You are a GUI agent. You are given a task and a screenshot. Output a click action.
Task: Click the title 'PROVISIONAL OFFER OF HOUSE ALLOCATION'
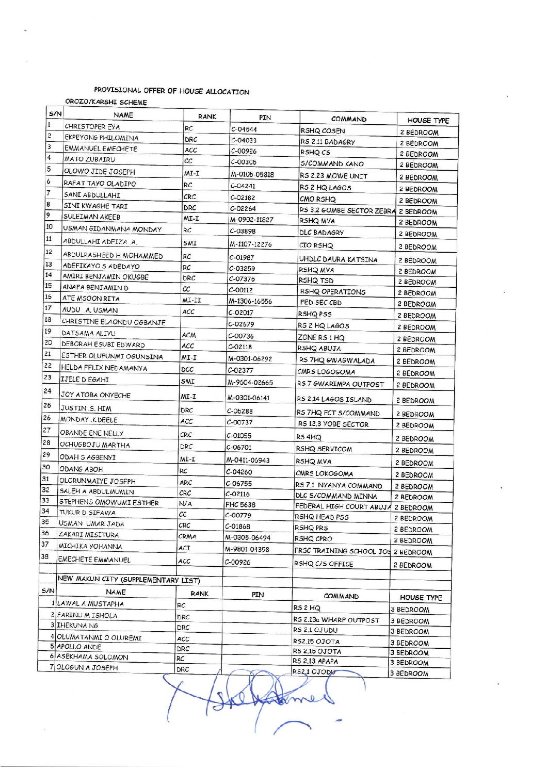click(171, 91)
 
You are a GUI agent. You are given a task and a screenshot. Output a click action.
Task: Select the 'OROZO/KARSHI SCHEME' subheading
click(106, 102)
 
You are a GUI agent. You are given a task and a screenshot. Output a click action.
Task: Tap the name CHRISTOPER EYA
click(92, 126)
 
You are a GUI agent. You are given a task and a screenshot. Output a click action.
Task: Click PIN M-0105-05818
click(252, 174)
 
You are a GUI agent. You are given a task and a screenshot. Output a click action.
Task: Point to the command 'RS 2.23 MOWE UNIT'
click(333, 176)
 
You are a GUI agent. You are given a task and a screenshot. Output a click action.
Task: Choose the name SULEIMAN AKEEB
click(92, 217)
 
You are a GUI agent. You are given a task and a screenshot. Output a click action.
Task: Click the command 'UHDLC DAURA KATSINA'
click(338, 259)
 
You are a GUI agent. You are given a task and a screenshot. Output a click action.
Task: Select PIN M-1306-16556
click(250, 301)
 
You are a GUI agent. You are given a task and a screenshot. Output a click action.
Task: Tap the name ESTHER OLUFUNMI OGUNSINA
click(112, 356)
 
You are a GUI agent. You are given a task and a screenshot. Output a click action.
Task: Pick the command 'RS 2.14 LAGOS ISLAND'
click(333, 399)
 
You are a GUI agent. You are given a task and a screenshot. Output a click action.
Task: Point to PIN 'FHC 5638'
click(240, 505)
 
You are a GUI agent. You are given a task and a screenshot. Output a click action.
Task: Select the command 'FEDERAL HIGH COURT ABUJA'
click(343, 507)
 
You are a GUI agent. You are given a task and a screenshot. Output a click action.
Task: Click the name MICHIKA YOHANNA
click(90, 547)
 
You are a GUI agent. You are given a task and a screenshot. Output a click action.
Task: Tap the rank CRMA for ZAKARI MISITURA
click(187, 537)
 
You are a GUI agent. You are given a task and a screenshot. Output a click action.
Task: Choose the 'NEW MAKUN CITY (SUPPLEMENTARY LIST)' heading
click(129, 580)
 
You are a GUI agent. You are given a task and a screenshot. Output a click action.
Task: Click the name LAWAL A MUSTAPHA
click(90, 603)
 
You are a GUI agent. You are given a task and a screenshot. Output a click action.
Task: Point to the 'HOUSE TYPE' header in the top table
click(428, 121)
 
